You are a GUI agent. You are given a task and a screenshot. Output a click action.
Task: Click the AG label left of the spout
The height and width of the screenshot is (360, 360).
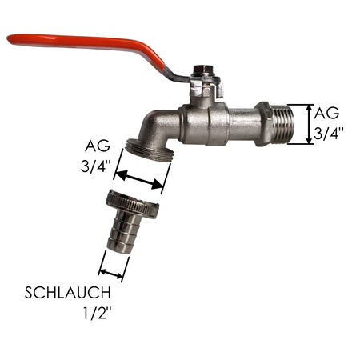click(x=98, y=147)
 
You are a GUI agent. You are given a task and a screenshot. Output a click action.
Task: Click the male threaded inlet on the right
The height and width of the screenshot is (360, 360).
click(x=287, y=122)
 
